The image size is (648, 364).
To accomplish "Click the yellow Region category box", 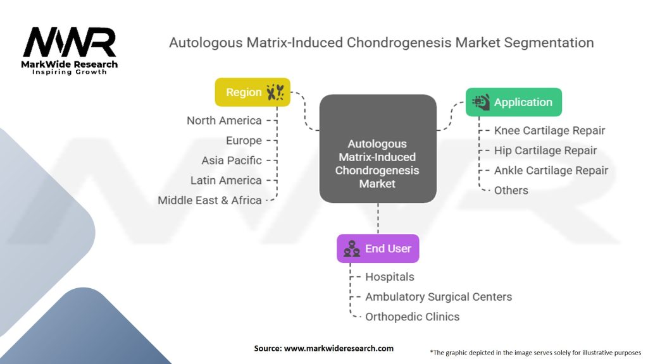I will coord(252,92).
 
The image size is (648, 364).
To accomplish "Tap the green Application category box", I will coord(513,102).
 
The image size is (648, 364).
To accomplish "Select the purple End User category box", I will coord(378,248).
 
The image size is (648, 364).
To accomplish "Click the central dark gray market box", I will coord(377,149).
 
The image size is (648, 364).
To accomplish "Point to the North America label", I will coord(224,120).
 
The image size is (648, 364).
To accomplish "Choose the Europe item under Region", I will coord(244,140).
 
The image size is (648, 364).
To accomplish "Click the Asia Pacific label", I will coord(231,161).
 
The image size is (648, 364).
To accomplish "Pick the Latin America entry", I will coord(226,180).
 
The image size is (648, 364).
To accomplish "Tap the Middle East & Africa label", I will coord(209,200).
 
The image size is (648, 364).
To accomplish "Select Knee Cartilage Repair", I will coord(549,131).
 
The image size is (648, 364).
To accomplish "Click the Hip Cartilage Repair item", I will coord(545,150).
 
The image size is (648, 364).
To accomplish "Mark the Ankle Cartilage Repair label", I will coord(551,171).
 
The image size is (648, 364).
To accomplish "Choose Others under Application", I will coord(511,190).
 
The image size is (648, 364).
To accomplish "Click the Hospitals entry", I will coord(389,277).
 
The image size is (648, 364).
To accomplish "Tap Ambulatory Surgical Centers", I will coord(438,296).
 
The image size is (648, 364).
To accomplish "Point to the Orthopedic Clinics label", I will coord(412,317).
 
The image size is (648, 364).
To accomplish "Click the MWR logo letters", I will coord(70,43).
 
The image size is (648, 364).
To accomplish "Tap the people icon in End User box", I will coord(352,249).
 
